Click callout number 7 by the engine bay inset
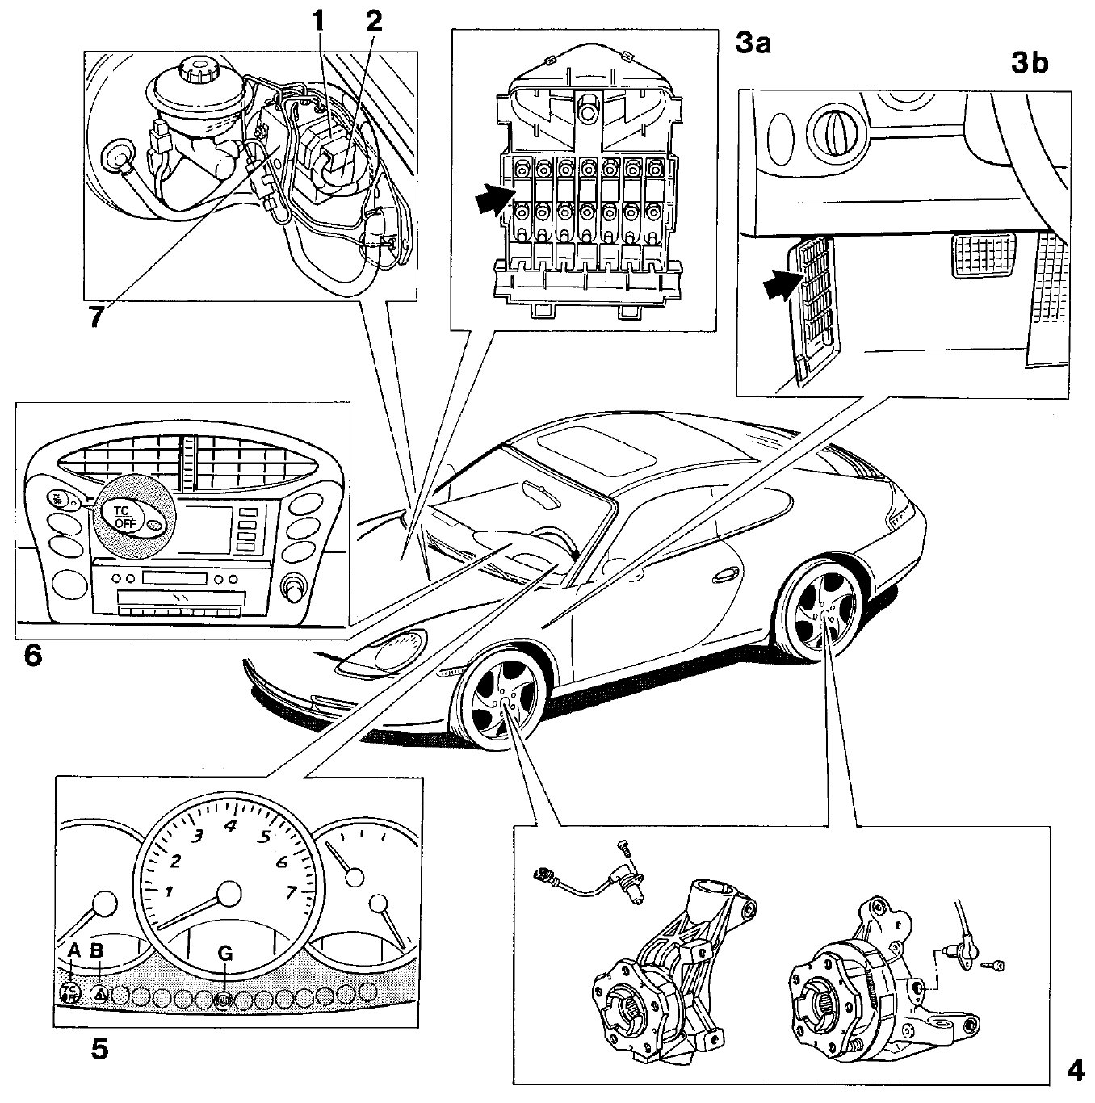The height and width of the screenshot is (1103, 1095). click(96, 317)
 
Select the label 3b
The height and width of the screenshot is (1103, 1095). click(1030, 63)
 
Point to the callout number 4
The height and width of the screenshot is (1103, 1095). click(1074, 1071)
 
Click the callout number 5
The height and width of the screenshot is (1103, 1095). click(99, 1048)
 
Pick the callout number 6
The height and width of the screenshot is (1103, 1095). click(33, 655)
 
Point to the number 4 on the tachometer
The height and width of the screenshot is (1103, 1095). click(229, 826)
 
